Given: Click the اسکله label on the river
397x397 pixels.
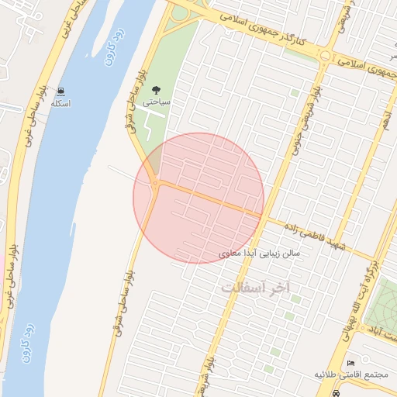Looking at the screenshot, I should [x=60, y=103].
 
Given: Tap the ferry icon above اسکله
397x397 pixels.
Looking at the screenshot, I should [x=60, y=91].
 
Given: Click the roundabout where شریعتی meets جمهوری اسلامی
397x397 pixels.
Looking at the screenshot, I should [x=324, y=56].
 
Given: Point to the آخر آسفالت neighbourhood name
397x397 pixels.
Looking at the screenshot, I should [x=255, y=287].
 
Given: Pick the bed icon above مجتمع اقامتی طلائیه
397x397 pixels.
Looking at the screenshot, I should [x=350, y=363].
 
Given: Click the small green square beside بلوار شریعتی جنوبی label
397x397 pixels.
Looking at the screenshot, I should [x=295, y=93].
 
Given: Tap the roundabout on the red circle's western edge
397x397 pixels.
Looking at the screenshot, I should [x=156, y=184].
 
